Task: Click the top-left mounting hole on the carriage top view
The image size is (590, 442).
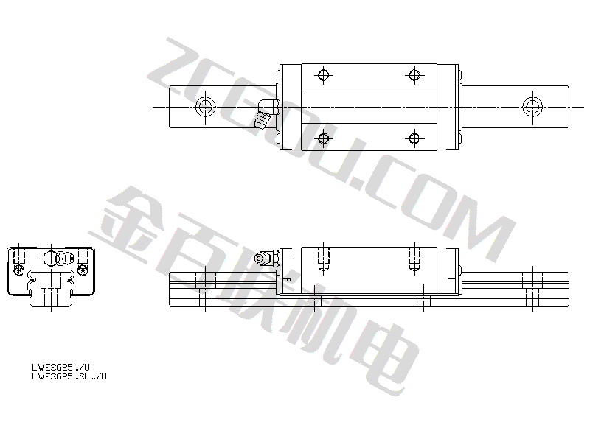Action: point(323,75)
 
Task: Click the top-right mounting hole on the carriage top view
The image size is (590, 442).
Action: point(414,75)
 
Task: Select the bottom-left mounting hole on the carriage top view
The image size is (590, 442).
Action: point(323,138)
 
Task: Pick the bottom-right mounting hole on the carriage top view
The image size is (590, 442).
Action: point(414,138)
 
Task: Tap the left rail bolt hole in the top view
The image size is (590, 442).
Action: point(206,107)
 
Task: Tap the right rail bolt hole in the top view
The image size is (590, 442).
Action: point(532,107)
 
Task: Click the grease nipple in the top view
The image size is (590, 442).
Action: point(266,113)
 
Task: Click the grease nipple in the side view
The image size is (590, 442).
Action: point(265,259)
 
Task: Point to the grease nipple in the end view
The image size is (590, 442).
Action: point(60,259)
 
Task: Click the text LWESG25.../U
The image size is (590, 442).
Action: point(61,367)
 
